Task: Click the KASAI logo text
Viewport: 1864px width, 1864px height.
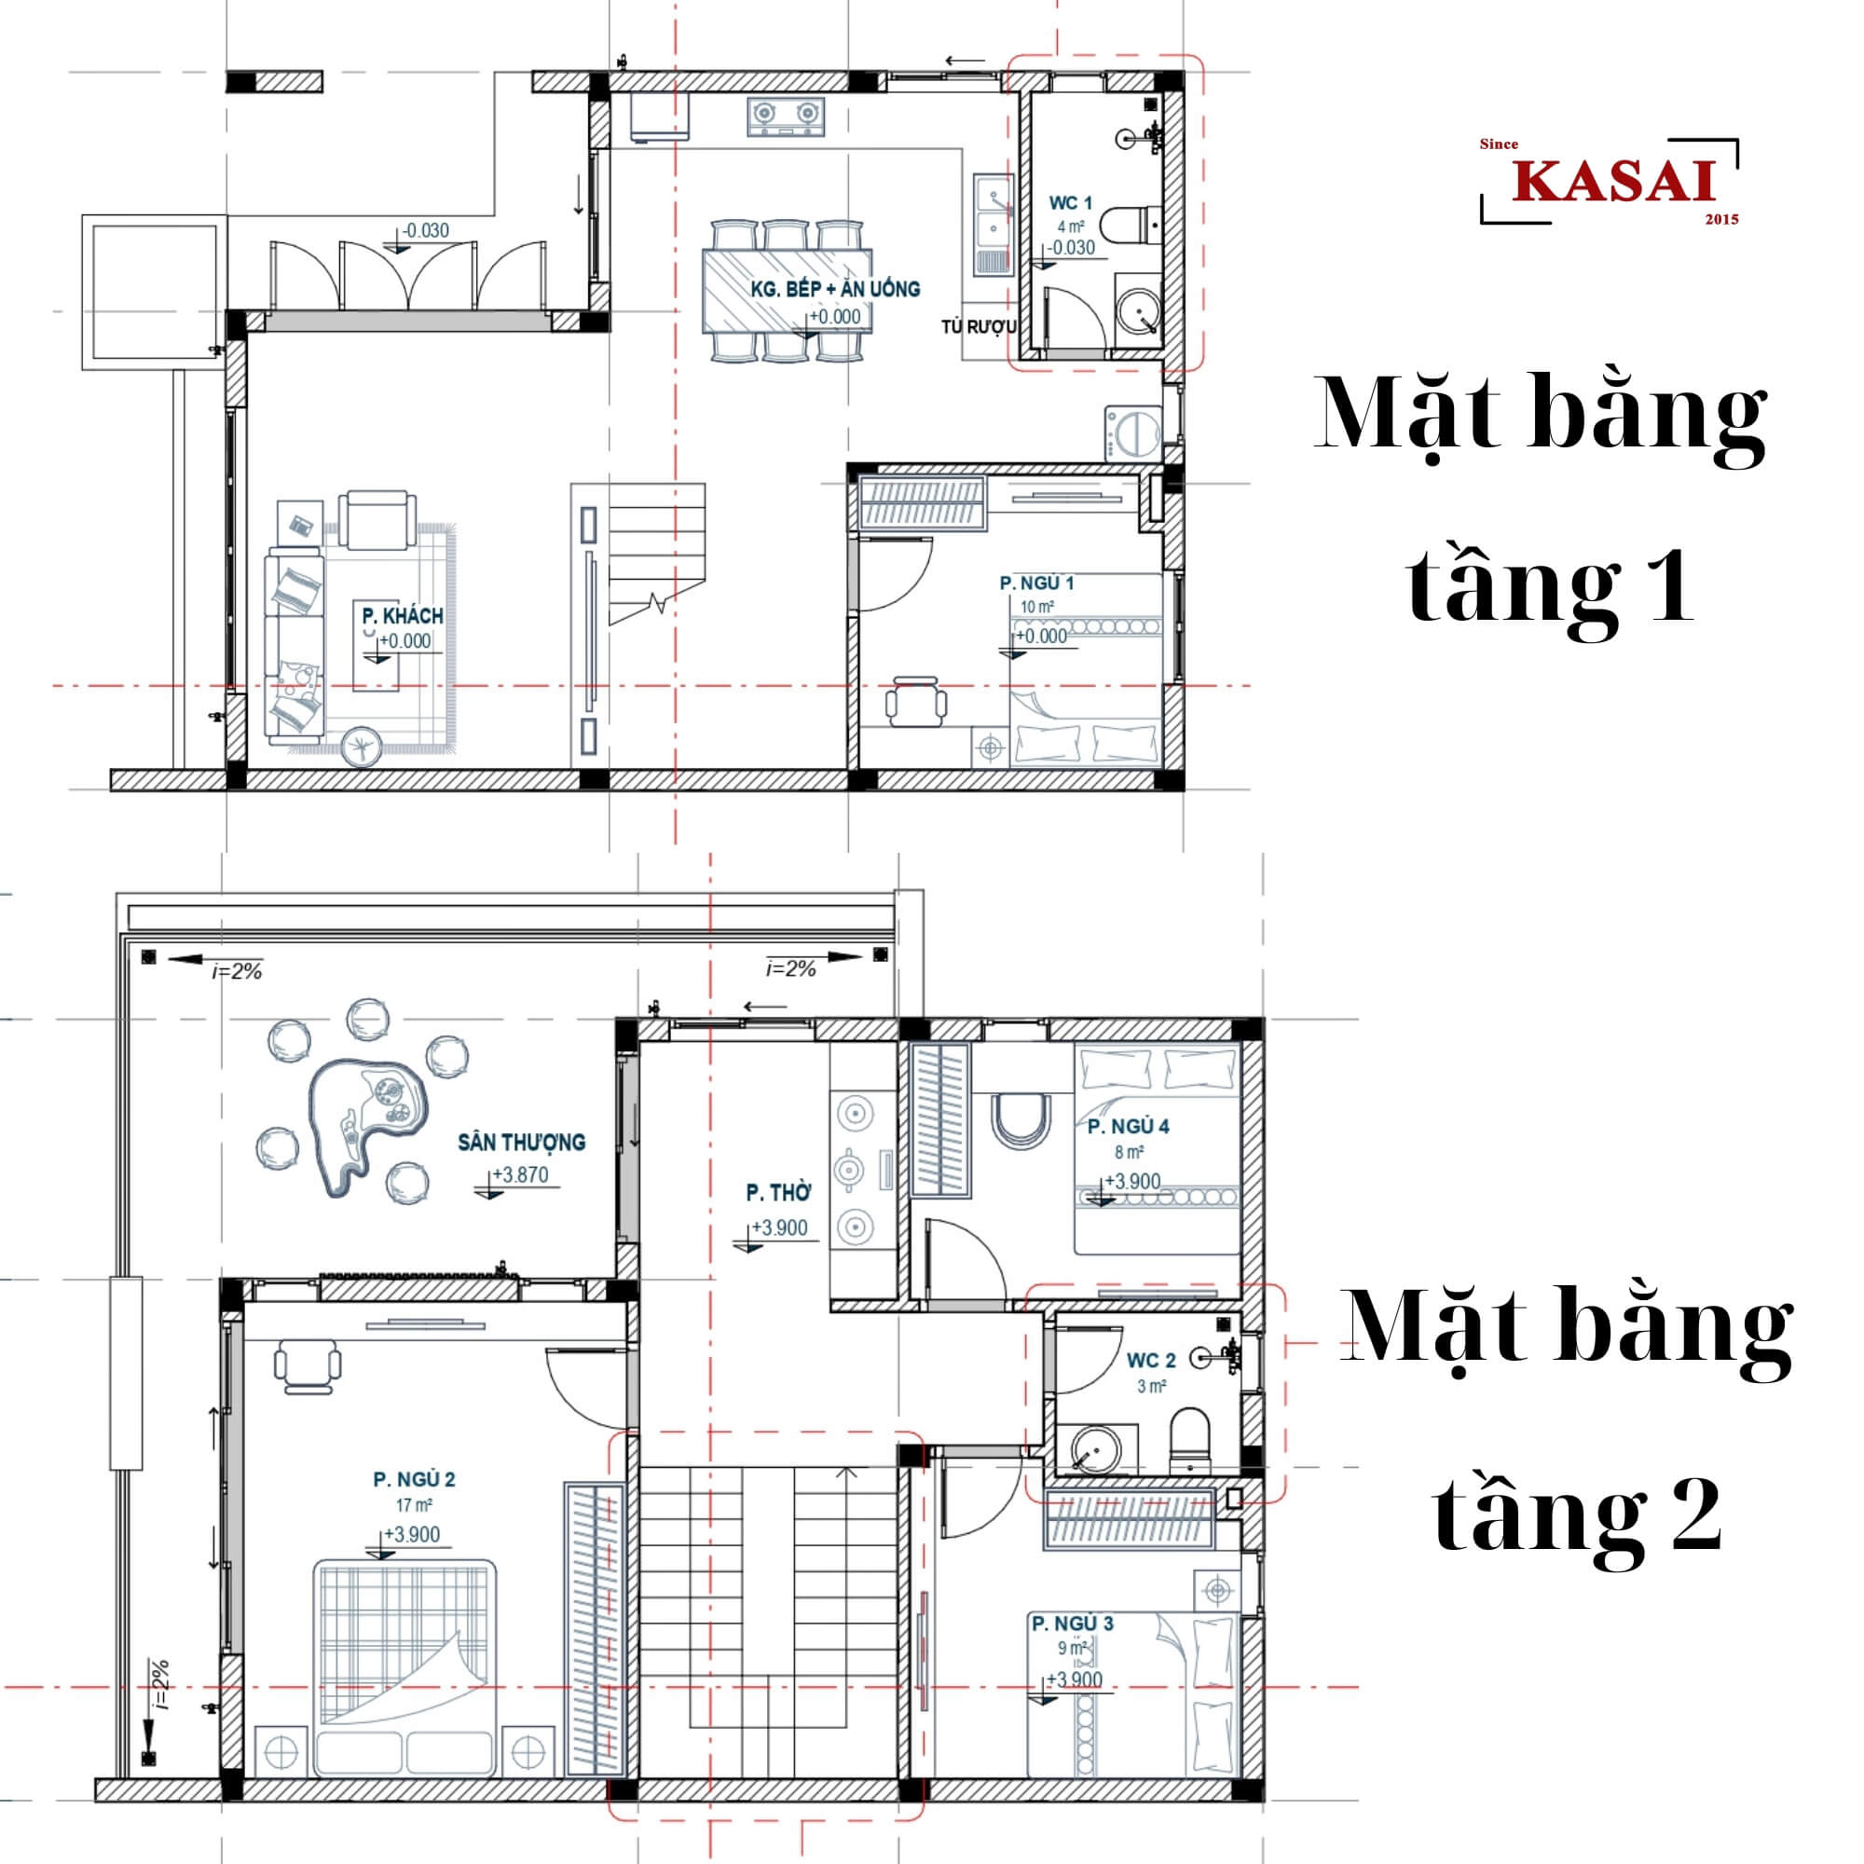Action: pos(1613,183)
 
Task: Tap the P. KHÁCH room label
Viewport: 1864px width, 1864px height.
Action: pos(403,615)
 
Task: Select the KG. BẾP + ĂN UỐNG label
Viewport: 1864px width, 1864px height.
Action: pos(834,289)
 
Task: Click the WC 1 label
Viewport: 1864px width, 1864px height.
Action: pos(1070,202)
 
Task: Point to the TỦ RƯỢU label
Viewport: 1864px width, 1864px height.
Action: pos(979,327)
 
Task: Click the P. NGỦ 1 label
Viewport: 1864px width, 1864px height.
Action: pos(1036,582)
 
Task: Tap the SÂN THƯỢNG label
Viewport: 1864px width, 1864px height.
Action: pos(521,1143)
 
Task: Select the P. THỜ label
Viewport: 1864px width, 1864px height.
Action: pos(777,1194)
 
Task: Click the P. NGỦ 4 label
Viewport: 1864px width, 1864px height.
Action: pos(1128,1126)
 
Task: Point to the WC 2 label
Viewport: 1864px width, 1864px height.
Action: pos(1151,1361)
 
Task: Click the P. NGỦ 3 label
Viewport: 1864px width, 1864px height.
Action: pos(1072,1624)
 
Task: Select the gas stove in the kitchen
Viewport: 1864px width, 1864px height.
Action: pos(786,116)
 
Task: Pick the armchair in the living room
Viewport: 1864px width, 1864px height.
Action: pos(377,521)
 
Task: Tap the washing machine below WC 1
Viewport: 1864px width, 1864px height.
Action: pos(1132,433)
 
